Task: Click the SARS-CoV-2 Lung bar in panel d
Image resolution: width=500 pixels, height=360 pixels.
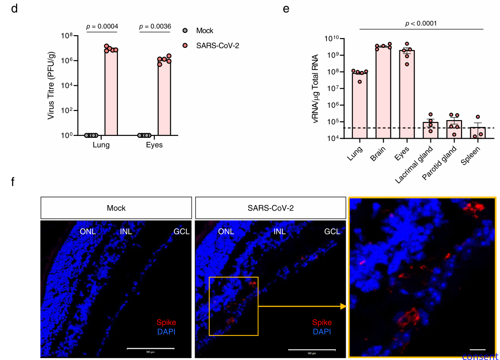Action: click(x=111, y=93)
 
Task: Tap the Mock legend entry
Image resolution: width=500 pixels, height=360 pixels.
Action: click(x=205, y=31)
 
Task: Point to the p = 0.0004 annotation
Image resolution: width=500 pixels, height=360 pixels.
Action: click(x=102, y=26)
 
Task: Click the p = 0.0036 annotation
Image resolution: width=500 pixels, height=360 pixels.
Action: click(x=155, y=26)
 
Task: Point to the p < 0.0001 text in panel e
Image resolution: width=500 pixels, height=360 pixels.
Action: click(x=421, y=23)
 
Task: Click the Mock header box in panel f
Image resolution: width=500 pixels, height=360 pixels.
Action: click(x=116, y=208)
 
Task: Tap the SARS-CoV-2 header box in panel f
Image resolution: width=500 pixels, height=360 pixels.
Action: click(x=271, y=208)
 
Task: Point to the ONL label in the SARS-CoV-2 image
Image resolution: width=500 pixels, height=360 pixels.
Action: click(x=226, y=231)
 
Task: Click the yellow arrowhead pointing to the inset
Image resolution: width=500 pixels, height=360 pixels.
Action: click(x=343, y=306)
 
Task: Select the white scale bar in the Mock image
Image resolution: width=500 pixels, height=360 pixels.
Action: click(x=151, y=348)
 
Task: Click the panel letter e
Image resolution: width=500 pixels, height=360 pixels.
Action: click(x=286, y=8)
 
